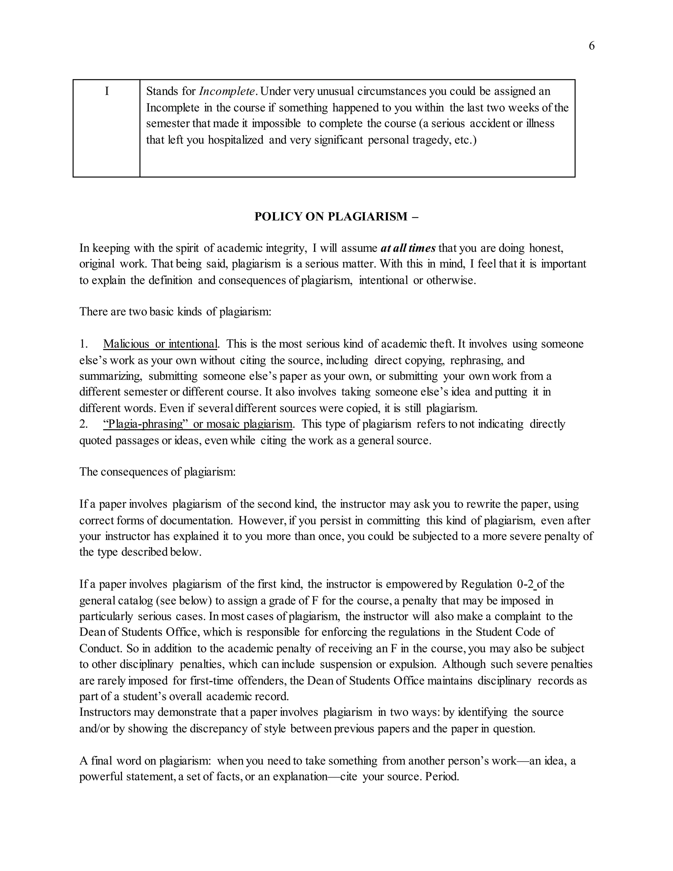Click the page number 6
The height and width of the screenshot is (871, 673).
point(591,46)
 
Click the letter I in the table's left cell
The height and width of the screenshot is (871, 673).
point(106,91)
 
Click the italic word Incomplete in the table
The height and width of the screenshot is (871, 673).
point(227,91)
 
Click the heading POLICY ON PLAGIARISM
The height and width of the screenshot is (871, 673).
point(336,216)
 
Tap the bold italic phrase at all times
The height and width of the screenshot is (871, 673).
point(408,248)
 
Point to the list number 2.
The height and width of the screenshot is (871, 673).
point(83,424)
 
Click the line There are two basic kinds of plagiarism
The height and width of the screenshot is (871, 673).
point(175,312)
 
